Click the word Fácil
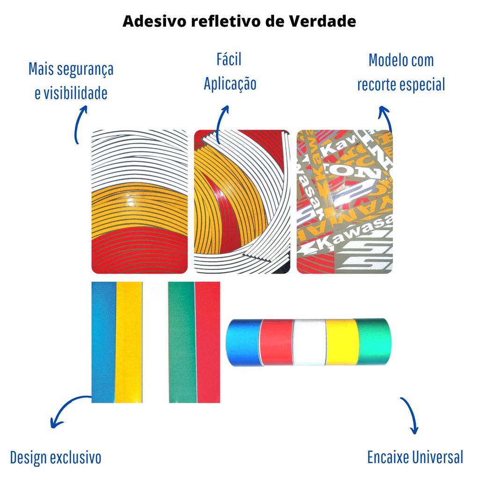(x=229, y=60)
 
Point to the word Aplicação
(x=230, y=84)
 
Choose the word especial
(x=420, y=85)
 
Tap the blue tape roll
(x=243, y=343)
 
